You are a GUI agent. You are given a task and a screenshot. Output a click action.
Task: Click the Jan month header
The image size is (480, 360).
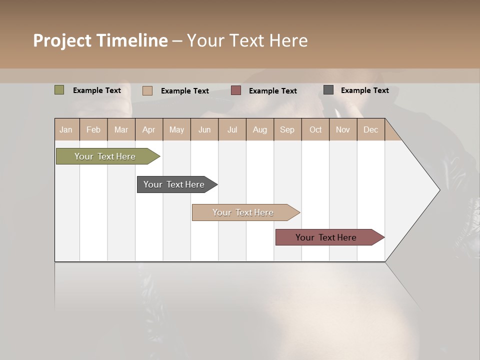click(66, 129)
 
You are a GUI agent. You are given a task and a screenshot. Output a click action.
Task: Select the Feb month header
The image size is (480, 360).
click(93, 129)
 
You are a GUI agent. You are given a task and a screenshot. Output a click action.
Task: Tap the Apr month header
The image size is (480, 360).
click(149, 129)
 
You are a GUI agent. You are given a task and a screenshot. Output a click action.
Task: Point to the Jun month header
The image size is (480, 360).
click(204, 129)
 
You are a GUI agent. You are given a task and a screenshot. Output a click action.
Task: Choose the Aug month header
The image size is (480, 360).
click(260, 129)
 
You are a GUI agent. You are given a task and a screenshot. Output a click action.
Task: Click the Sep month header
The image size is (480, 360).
click(287, 129)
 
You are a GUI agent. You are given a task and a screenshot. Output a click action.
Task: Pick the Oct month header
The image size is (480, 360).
click(315, 129)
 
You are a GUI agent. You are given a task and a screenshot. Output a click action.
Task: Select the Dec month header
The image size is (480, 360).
click(371, 129)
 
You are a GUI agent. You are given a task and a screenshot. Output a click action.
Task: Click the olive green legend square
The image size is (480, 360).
click(59, 90)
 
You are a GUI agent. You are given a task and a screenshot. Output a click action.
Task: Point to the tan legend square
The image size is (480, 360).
click(147, 90)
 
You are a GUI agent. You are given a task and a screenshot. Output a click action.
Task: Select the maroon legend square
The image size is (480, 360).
click(236, 90)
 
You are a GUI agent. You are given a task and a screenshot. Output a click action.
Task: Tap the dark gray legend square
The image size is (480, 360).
click(328, 90)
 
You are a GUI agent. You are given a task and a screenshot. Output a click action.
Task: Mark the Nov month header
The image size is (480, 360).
click(343, 129)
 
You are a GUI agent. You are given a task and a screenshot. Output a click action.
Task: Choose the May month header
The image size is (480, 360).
click(176, 129)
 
